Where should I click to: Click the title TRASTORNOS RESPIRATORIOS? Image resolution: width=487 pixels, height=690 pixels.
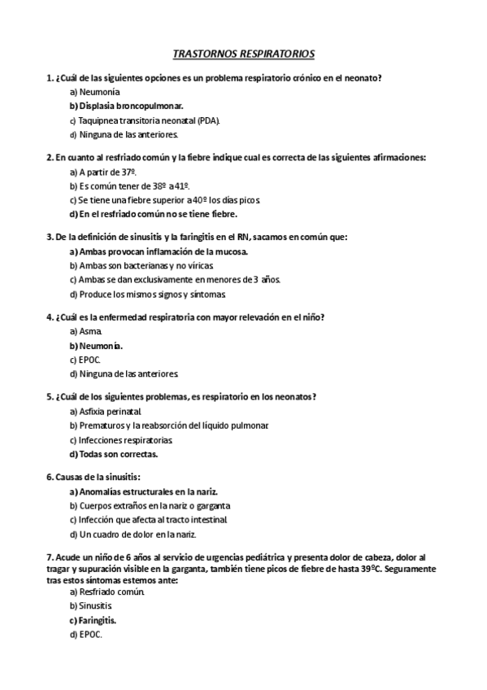pos(243,54)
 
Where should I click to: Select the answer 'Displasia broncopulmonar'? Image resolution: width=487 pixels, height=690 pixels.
pos(130,106)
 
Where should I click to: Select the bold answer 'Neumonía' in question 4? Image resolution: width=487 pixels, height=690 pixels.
pos(101,346)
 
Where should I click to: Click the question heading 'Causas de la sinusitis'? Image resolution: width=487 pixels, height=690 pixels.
pos(98,477)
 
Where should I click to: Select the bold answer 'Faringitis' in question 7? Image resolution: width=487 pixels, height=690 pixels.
pos(98,620)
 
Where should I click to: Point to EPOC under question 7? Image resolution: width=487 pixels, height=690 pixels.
pos(90,634)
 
